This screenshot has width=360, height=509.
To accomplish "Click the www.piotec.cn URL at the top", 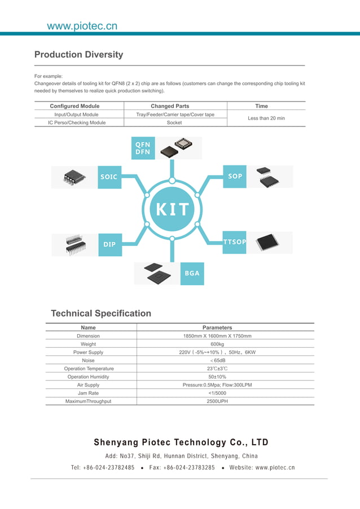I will point(82,26).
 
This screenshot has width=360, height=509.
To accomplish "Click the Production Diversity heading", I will point(78,55).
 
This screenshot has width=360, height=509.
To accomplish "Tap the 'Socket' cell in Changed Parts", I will point(174,122).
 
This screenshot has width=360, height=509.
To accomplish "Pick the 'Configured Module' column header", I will point(74,106).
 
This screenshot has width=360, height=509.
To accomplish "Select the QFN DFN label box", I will point(143,148).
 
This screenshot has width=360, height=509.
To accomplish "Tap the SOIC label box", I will point(109,177).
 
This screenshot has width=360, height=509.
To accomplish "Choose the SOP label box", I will point(235,176).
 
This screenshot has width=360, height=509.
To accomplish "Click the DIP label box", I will point(110,244).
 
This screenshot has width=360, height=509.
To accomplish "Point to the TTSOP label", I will point(235,242).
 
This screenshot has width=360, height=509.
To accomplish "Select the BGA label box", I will point(192,273).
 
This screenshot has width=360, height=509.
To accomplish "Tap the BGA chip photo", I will point(156,274).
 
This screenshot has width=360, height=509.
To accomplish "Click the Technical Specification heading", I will point(101,313).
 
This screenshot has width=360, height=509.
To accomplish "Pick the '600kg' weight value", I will point(217,344).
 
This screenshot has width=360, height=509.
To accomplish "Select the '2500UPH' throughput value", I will point(217,401).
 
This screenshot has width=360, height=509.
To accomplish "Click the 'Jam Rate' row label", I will point(88,393).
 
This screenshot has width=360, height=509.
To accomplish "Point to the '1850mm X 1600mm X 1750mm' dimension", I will point(217,336).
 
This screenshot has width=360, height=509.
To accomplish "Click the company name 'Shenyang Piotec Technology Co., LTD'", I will point(181,442).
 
